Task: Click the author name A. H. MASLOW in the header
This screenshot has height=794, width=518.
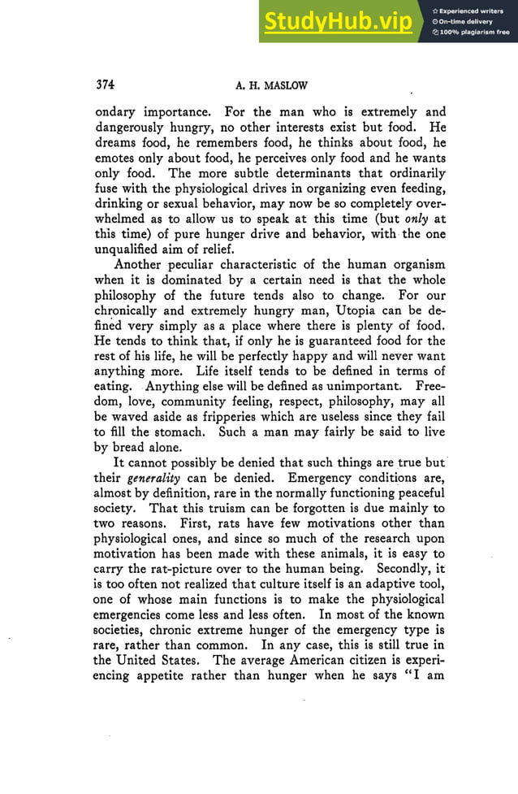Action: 271,85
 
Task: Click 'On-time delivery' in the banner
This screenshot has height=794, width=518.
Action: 467,21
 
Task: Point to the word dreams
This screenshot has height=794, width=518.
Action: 119,145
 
